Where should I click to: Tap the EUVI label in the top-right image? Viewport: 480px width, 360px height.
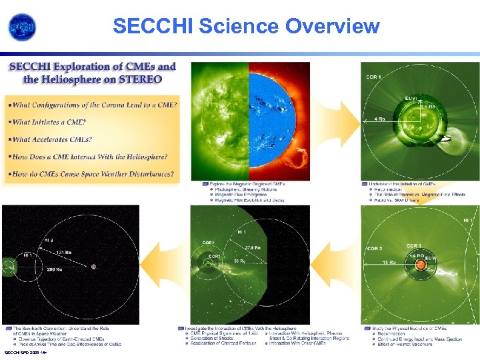point(412,98)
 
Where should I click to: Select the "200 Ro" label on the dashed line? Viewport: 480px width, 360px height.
point(54,270)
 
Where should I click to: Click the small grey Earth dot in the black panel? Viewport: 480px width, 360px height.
point(93,266)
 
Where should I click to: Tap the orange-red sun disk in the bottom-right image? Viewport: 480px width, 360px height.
point(421,265)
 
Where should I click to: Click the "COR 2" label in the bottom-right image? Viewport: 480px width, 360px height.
point(373,249)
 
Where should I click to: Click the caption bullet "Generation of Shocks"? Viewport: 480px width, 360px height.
point(213,339)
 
